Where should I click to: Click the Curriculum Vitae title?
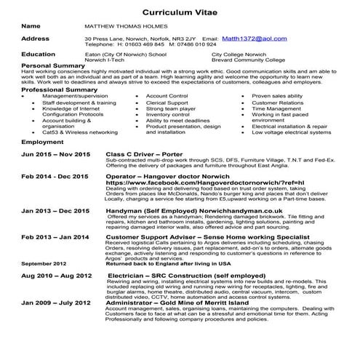(x=180, y=12)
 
